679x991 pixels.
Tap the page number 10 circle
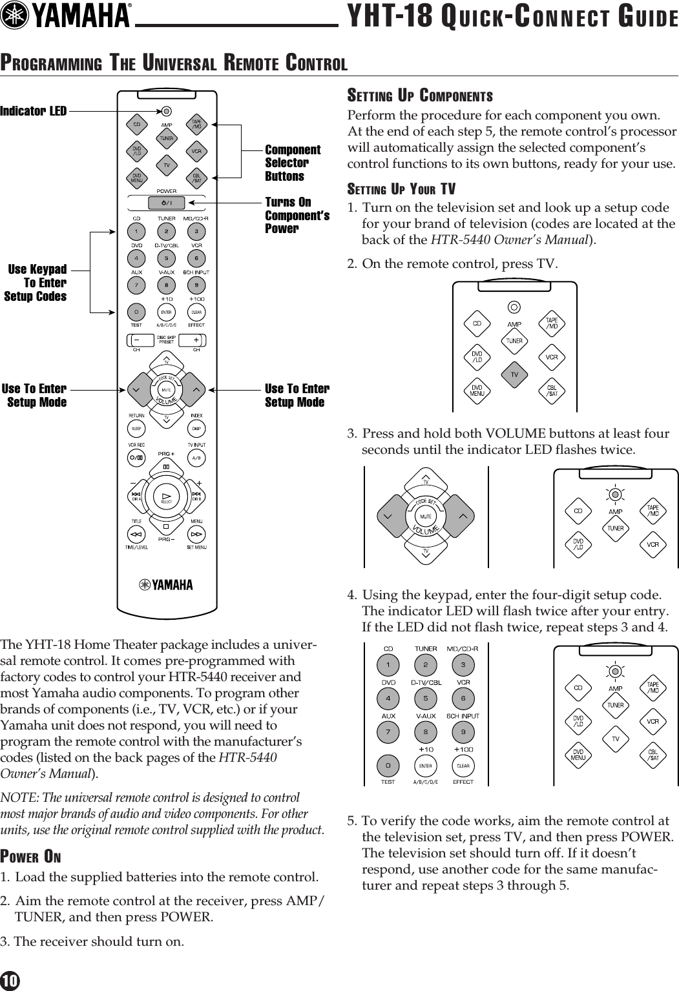[10, 981]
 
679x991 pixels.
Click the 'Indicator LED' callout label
[34, 111]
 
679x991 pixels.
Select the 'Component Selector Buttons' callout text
[292, 163]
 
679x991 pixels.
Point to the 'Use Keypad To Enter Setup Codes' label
[36, 283]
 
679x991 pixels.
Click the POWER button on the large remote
[167, 203]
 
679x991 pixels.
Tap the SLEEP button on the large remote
[136, 429]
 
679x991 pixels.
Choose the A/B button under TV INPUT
[196, 458]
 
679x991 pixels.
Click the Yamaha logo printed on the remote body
[166, 585]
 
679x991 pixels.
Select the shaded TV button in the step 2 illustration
[515, 374]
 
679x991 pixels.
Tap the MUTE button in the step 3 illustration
[426, 516]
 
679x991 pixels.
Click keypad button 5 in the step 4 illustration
[425, 698]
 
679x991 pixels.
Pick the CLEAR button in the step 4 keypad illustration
[463, 766]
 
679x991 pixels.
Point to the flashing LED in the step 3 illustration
[616, 495]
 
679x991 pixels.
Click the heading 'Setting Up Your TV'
[401, 189]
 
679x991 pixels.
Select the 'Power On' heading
[31, 857]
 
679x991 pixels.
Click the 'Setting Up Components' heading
[420, 96]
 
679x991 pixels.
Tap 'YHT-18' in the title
[390, 17]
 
